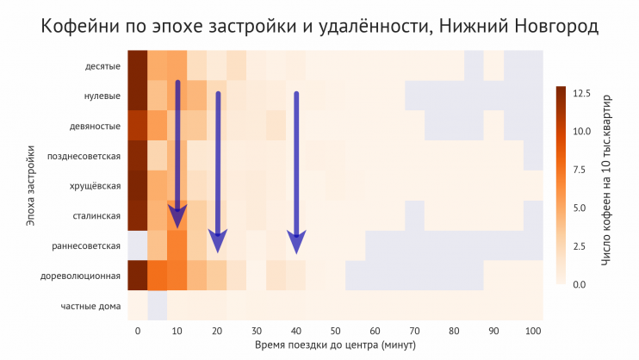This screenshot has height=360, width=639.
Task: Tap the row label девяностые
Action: [x=96, y=126]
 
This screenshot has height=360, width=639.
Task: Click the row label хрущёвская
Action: [x=96, y=186]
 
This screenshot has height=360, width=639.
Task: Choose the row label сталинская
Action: [x=96, y=215]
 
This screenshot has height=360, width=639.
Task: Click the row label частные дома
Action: [x=90, y=306]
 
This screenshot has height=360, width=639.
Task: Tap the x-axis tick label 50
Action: [x=335, y=331]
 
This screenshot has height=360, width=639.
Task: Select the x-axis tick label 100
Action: [x=533, y=331]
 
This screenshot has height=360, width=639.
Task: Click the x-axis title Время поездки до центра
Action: [x=335, y=345]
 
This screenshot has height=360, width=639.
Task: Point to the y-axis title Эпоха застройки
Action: [x=30, y=185]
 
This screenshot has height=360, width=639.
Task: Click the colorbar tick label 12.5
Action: [x=585, y=93]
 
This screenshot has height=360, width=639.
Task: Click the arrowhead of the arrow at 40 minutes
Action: [x=296, y=243]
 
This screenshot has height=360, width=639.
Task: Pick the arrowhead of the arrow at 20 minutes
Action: [x=218, y=243]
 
